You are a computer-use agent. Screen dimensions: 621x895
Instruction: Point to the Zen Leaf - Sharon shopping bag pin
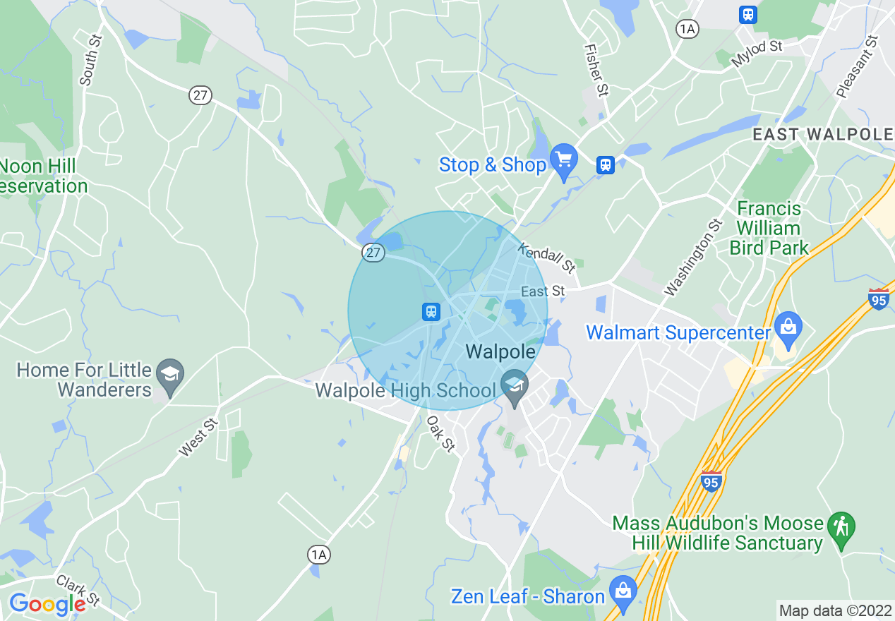click(x=623, y=592)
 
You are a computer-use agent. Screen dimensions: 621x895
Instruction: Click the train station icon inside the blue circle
click(x=431, y=311)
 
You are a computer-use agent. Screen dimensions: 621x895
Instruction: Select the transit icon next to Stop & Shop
click(x=605, y=164)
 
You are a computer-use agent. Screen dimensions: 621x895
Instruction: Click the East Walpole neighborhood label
click(x=822, y=134)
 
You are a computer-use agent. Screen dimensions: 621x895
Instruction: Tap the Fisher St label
click(x=596, y=71)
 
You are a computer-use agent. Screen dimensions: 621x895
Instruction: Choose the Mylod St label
click(x=757, y=54)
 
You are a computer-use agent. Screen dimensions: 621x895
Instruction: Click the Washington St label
click(x=694, y=257)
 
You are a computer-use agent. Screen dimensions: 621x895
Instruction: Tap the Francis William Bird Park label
click(x=769, y=228)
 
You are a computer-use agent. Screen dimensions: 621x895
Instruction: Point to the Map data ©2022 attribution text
click(x=835, y=610)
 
